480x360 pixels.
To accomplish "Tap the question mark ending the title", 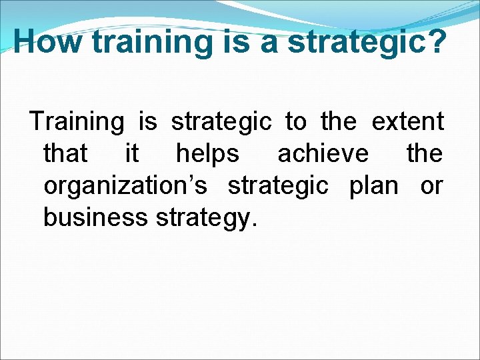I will tap(435, 41).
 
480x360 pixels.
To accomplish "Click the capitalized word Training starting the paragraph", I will tap(77, 122).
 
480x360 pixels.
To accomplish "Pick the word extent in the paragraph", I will tap(407, 122).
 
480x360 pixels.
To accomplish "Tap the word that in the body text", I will tap(65, 154).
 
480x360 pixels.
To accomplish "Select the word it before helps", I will tap(132, 154).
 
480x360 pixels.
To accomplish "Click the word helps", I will tap(207, 154).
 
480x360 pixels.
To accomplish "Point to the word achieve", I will tap(323, 154).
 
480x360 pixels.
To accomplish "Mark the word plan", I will tap(373, 186).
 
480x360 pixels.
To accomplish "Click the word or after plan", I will tap(431, 186).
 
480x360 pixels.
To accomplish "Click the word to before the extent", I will tap(296, 122).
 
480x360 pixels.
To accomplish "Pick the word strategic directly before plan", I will tap(278, 186).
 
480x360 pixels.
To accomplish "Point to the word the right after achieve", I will tap(425, 154).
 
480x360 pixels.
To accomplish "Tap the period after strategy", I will tap(252, 225).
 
